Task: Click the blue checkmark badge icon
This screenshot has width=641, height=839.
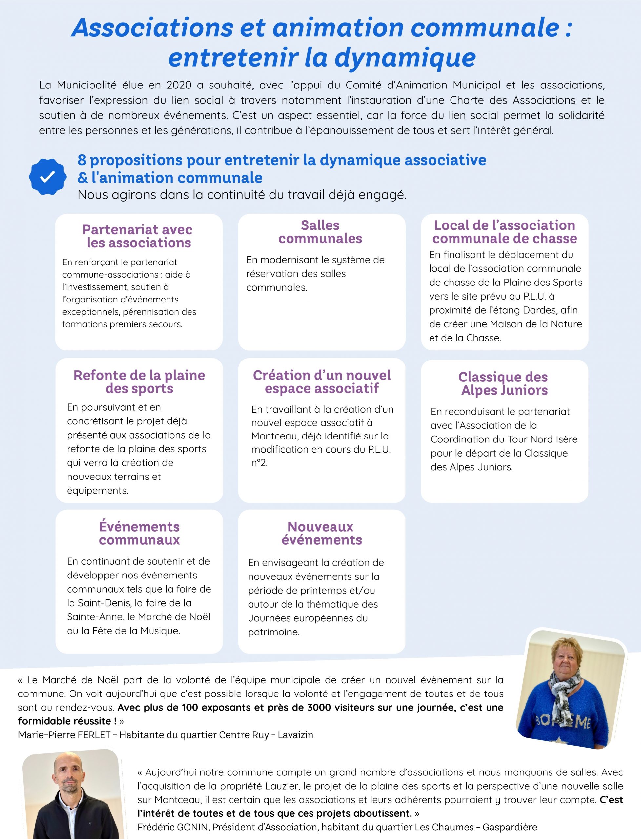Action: pos(47,177)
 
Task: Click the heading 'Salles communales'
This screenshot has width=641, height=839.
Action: pos(320,232)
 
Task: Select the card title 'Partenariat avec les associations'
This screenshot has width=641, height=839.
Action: pos(138,236)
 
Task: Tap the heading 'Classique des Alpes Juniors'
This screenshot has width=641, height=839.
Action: pos(504,383)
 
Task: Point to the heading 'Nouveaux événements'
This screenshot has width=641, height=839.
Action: pos(321,533)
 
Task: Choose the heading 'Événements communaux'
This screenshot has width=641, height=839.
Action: pos(139,533)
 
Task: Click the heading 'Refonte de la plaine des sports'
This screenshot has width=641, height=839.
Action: pos(139,382)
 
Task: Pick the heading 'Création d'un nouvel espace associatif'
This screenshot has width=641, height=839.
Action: pos(322,382)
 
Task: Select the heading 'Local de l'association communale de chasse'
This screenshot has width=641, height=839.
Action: pos(504,232)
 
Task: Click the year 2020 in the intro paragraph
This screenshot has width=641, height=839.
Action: pos(179,85)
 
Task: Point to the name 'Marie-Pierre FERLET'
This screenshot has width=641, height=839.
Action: pos(64,735)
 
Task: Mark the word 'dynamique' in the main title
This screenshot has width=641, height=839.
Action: pos(405,57)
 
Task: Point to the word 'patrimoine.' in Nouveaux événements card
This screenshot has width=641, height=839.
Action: pos(273,632)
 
